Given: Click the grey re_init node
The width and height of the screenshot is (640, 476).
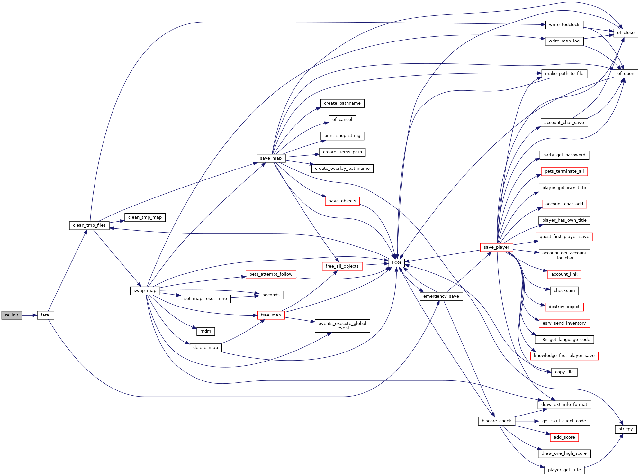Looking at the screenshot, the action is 12,315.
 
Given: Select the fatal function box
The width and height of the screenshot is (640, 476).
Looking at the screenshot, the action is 45,315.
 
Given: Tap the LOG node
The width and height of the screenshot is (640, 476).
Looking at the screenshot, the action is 396,263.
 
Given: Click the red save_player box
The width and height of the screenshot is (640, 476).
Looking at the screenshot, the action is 496,247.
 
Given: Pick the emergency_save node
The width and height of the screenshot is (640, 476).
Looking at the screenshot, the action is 441,296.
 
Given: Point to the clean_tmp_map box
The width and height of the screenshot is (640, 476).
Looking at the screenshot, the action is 145,217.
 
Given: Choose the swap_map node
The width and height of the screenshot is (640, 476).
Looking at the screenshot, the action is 145,291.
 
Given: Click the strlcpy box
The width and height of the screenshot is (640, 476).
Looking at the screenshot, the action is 626,429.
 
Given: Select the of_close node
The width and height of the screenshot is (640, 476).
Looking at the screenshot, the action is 626,33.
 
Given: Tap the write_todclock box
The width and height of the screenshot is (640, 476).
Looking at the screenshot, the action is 564,25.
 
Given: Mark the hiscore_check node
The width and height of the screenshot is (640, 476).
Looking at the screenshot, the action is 496,421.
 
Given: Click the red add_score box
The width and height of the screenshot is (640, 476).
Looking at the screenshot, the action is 564,437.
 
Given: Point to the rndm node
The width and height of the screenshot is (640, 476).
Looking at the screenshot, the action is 206,331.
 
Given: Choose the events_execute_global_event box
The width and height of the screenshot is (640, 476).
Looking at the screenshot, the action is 342,326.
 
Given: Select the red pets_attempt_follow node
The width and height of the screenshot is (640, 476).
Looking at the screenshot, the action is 271,274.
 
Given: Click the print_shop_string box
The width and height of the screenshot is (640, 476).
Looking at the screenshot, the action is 342,136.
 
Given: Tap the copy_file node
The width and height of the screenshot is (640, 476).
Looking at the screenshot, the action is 564,372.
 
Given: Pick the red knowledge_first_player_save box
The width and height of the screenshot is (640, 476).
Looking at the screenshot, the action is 564,356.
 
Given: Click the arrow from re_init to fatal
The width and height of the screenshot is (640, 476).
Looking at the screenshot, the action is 30,315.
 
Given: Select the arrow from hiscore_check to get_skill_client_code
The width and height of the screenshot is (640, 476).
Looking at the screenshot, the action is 527,421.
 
